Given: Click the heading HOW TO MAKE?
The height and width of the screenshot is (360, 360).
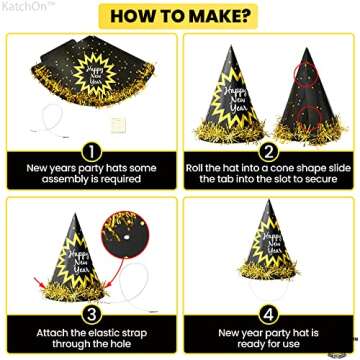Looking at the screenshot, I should pos(180,17).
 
